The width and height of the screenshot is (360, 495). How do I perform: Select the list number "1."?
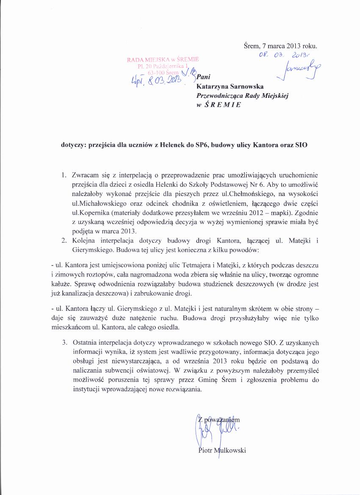tap(64, 175)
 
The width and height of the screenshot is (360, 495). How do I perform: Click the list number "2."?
tap(64, 241)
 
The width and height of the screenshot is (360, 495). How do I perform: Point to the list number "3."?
tap(64, 342)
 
